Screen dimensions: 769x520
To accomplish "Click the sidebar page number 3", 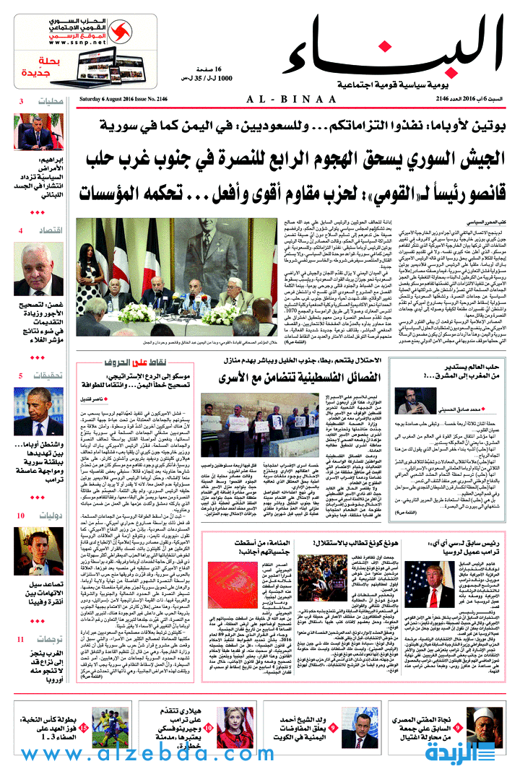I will [x=21, y=101].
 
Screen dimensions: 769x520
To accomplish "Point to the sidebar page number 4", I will [x=21, y=230].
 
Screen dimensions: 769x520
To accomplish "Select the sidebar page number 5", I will [x=21, y=375].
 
